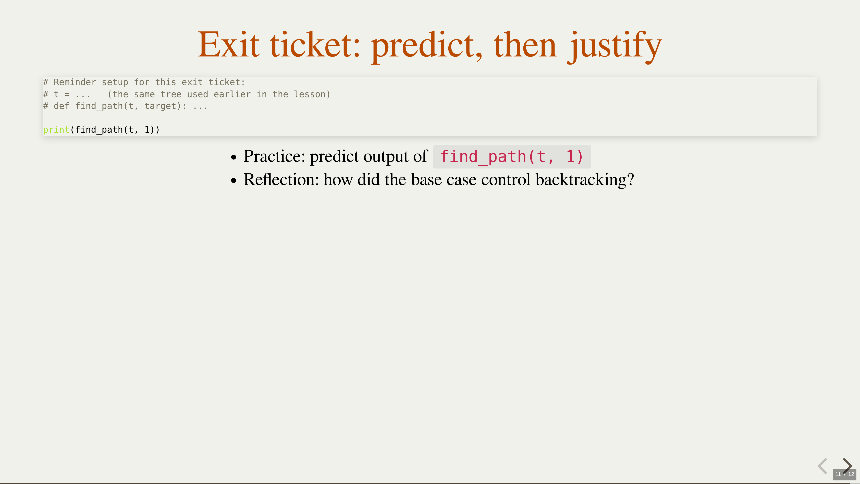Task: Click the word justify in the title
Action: [x=615, y=47]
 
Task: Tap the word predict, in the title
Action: [x=426, y=47]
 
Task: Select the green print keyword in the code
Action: [x=56, y=130]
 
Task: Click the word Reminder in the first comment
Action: [x=75, y=82]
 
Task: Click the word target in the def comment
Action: [x=160, y=106]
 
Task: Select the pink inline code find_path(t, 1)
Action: [x=512, y=157]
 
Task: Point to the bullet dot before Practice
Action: [x=234, y=157]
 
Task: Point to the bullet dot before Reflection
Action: [x=234, y=180]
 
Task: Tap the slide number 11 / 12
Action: [x=845, y=474]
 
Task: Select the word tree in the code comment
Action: [x=171, y=94]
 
